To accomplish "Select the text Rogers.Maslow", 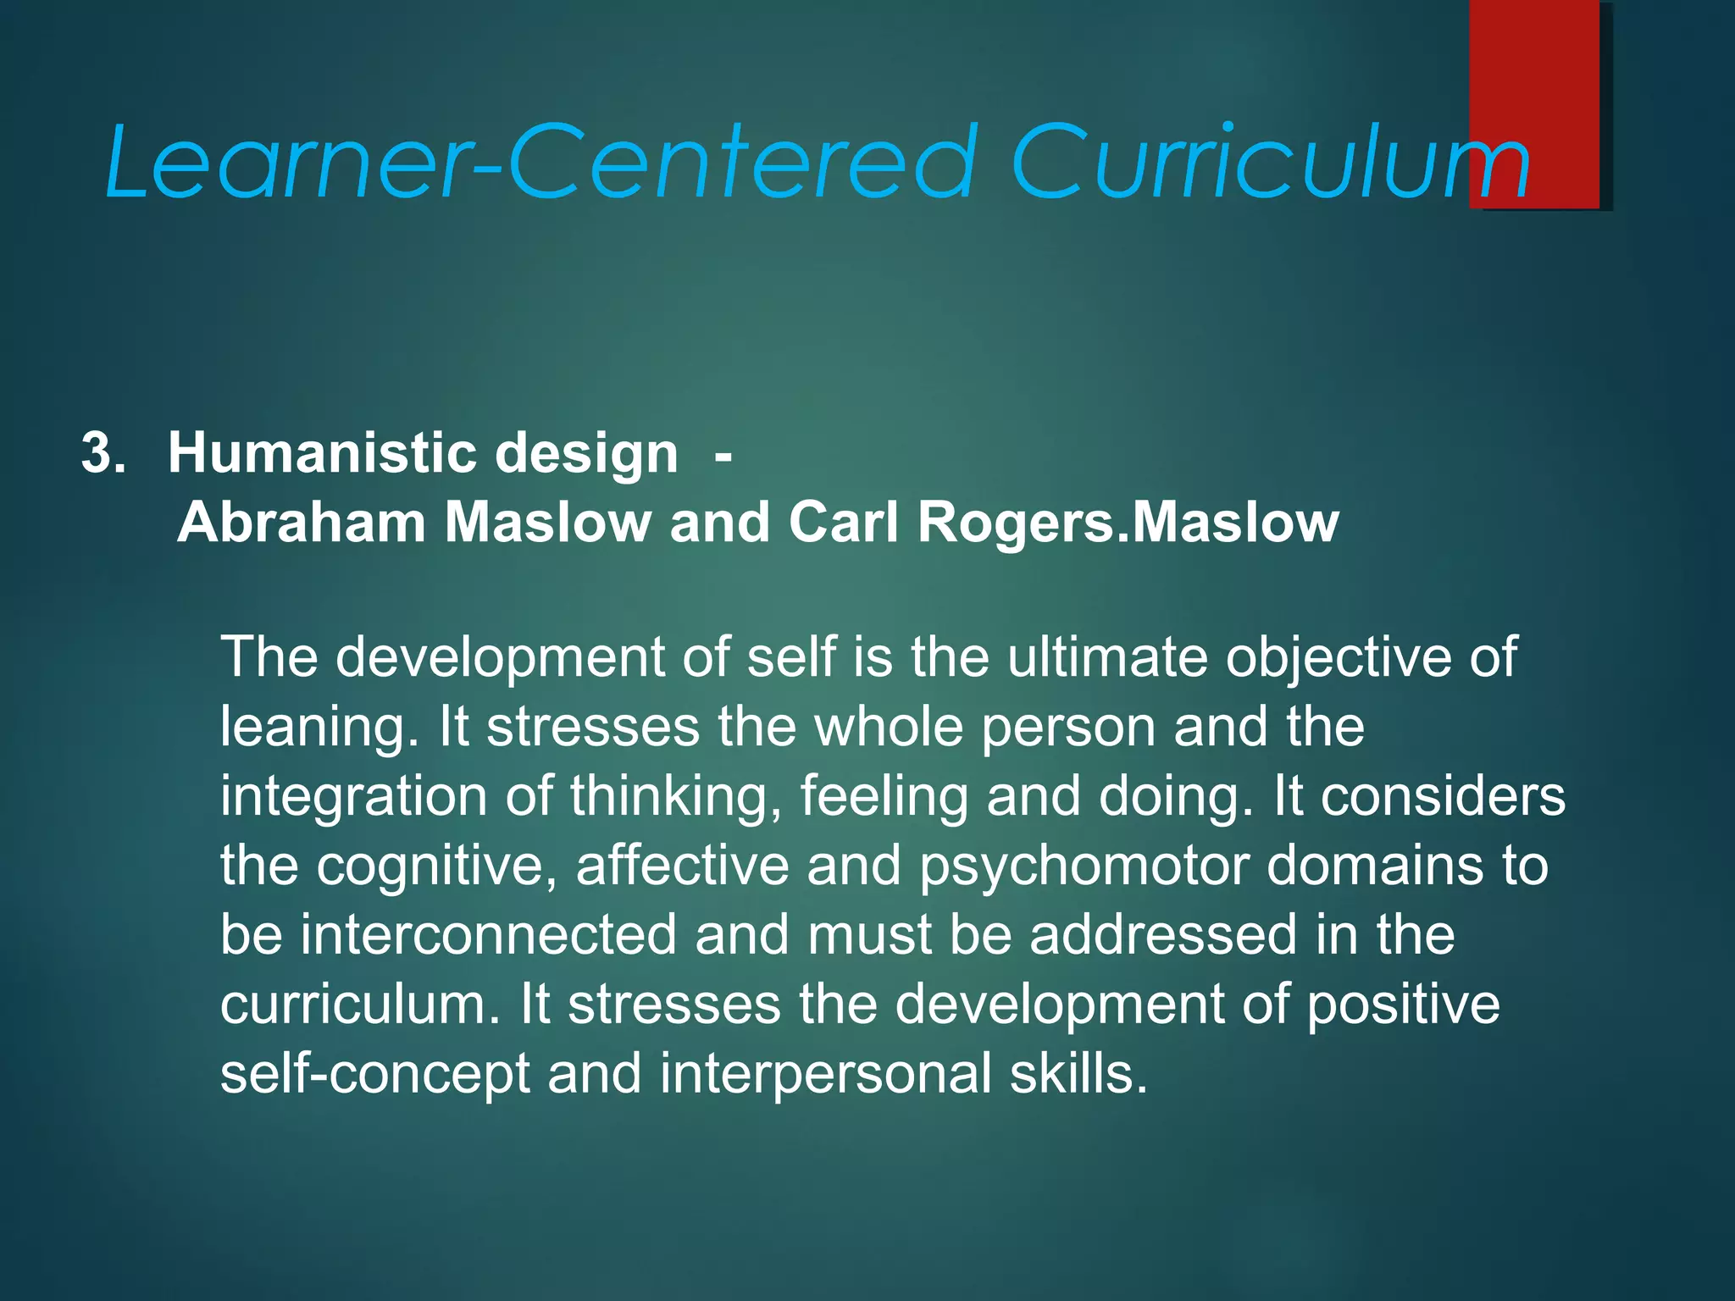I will (1128, 523).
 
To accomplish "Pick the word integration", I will (353, 798).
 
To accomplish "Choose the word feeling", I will (884, 798).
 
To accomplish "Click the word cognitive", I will (437, 867).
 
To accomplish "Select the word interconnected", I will (489, 935).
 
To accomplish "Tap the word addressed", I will (1162, 935).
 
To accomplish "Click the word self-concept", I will (375, 1074).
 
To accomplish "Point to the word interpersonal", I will (825, 1074).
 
